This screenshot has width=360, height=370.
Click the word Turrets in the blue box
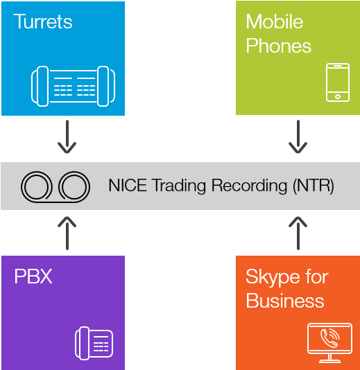[43, 21]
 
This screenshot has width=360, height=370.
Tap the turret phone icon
[74, 86]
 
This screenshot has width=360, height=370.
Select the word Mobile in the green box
[275, 21]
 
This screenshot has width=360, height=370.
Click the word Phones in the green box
[279, 46]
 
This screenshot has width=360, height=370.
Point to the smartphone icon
[338, 82]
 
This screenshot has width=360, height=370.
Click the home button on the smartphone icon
[338, 96]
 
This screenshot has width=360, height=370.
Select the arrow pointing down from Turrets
[67, 137]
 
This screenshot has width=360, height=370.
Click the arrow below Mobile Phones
[298, 137]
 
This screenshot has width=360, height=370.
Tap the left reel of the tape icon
[37, 186]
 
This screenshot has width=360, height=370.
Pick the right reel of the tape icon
[74, 186]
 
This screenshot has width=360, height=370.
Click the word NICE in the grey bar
[128, 185]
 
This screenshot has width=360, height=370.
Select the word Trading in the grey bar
[180, 186]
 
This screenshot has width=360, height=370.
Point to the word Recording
[249, 186]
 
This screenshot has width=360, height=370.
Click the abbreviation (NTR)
[314, 186]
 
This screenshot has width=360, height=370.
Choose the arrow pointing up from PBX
[67, 233]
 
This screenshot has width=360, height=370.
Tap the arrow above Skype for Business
[298, 233]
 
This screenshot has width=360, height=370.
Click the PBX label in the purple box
[33, 276]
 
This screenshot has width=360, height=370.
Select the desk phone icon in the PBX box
[94, 344]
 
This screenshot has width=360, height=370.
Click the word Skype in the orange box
[272, 277]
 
